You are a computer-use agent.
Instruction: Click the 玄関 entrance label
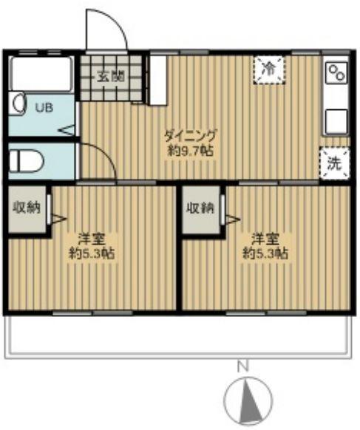coord(111,77)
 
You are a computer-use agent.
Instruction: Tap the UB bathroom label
coord(44,108)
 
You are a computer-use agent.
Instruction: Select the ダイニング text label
coord(191,136)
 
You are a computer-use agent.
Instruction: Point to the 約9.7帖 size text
coord(191,151)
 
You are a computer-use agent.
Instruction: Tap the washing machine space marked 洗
coord(334,163)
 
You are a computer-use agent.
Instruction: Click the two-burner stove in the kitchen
coord(336,72)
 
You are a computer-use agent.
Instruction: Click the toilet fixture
coord(26,161)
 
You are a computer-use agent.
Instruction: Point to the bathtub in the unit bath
coord(41,73)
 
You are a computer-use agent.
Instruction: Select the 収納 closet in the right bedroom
coord(201,209)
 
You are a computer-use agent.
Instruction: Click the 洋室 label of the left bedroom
coord(92,239)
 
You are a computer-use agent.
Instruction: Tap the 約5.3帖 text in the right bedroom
coord(265,253)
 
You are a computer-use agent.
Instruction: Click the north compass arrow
coord(251,402)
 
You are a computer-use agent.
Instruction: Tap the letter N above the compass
coord(242,367)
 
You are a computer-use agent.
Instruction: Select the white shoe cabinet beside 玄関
coord(158,81)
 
